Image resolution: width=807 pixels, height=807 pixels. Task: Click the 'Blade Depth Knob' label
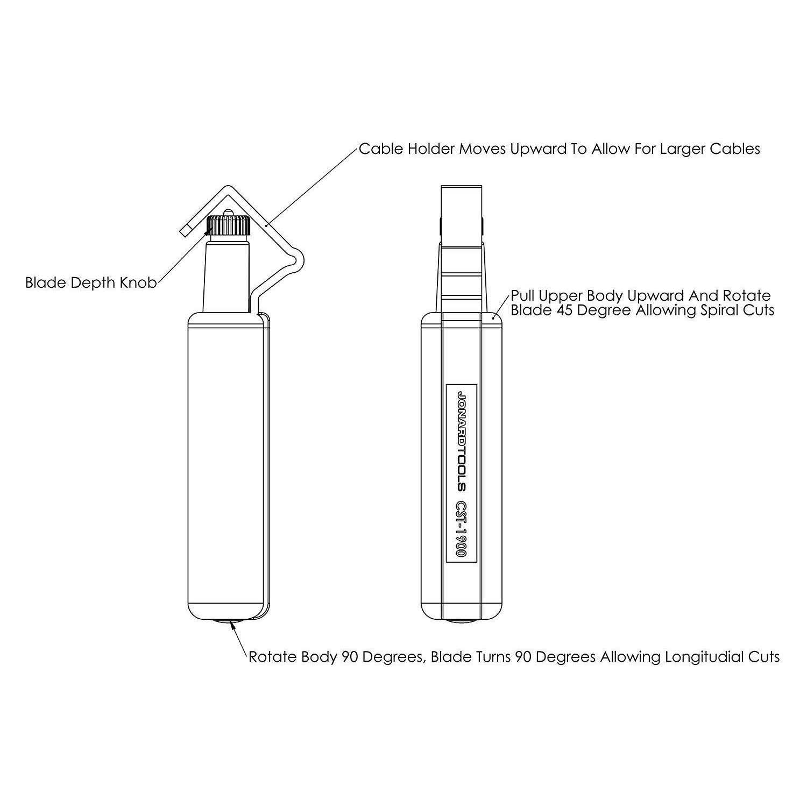pos(91,283)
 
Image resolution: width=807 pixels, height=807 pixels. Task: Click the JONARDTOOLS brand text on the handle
pos(461,440)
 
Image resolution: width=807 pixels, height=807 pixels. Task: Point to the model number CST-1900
pos(461,530)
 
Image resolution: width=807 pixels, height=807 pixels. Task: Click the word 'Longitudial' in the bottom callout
pos(702,657)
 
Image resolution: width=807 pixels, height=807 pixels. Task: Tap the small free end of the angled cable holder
pos(185,230)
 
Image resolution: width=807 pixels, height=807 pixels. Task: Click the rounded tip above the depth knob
pos(229,212)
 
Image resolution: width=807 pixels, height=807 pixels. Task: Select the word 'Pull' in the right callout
pos(522,296)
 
